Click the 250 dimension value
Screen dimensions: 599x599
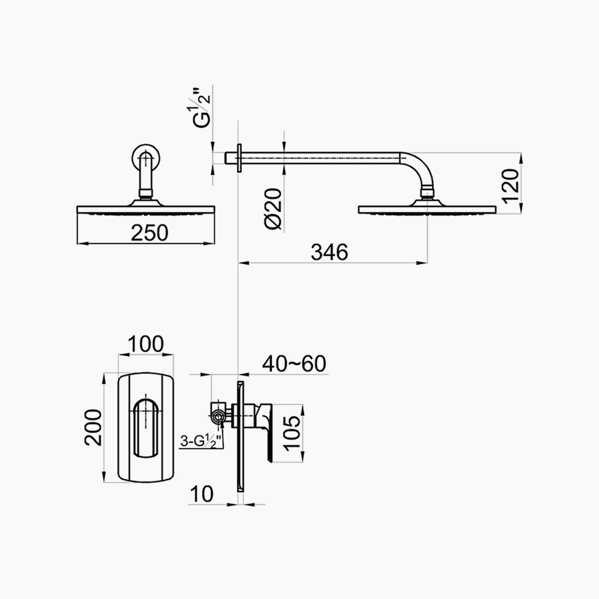149,232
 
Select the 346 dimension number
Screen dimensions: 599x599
329,252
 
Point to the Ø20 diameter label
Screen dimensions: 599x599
273,209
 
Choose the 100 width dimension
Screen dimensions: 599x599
145,344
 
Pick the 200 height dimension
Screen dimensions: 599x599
93,427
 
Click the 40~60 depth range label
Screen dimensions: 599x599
294,363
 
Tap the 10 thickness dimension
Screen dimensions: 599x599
201,494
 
